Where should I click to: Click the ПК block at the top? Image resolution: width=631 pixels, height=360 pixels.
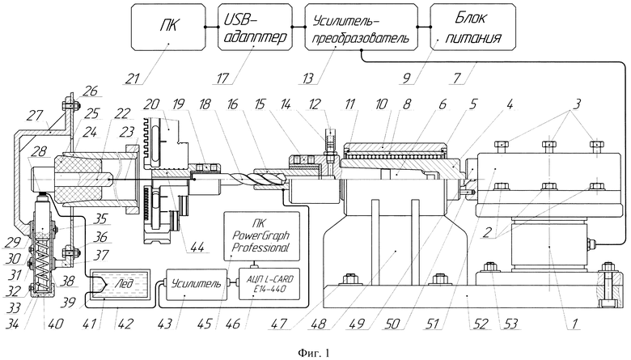tap(168, 27)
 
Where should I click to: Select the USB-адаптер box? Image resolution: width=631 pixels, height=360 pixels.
tap(255, 27)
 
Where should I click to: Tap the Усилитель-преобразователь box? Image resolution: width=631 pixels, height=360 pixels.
tap(361, 27)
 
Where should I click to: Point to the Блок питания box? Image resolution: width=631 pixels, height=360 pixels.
tap(473, 27)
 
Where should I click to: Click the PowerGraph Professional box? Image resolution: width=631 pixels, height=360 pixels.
tap(261, 236)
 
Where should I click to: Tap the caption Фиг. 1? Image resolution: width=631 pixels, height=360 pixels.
tap(314, 354)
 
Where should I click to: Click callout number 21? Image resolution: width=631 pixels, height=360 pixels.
tap(133, 78)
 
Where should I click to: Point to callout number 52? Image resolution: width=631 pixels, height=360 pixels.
tap(480, 324)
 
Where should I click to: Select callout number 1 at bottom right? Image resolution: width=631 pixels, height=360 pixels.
tap(574, 324)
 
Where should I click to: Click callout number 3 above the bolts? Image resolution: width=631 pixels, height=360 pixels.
tap(577, 104)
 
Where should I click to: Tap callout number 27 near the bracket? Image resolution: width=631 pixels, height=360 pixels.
tap(35, 116)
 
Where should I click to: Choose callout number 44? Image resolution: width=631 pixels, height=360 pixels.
tap(196, 246)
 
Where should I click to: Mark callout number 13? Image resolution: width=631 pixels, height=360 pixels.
tap(307, 78)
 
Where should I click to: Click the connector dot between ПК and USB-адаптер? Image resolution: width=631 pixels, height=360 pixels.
tap(205, 27)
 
